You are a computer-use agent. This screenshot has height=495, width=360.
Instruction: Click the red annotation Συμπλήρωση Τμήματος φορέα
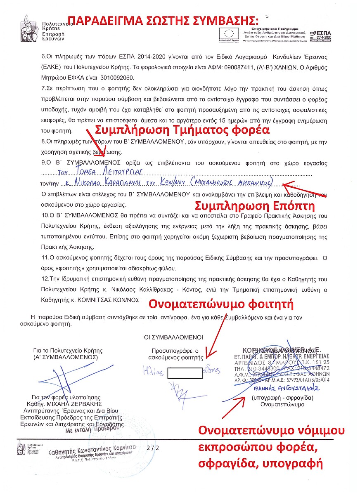(x=182, y=130)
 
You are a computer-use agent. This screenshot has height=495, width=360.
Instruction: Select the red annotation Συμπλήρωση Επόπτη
(x=254, y=205)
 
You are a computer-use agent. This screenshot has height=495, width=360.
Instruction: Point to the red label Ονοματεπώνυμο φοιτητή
(x=221, y=304)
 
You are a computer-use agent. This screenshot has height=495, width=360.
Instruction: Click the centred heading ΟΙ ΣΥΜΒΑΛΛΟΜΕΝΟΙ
(x=173, y=337)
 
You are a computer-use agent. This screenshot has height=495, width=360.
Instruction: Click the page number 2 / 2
(x=153, y=447)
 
